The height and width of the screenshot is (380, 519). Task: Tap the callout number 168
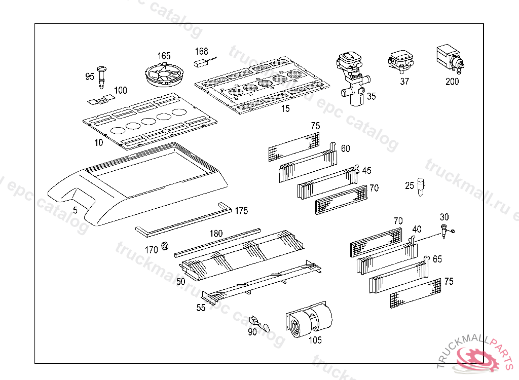(x=202, y=51)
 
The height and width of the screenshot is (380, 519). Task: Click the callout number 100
(x=121, y=90)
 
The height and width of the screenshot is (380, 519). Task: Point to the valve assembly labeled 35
(x=351, y=76)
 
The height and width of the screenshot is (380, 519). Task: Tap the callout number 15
(x=285, y=108)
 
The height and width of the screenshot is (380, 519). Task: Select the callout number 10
(x=98, y=142)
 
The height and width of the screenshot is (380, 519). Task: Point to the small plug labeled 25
(x=421, y=187)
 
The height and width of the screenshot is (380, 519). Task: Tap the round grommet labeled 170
(x=165, y=247)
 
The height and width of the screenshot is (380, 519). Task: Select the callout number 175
(x=241, y=211)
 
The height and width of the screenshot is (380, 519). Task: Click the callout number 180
(x=216, y=234)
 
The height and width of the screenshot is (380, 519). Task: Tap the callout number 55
(x=201, y=308)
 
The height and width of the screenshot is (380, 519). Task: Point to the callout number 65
(x=437, y=259)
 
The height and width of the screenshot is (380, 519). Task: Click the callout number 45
(x=366, y=170)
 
